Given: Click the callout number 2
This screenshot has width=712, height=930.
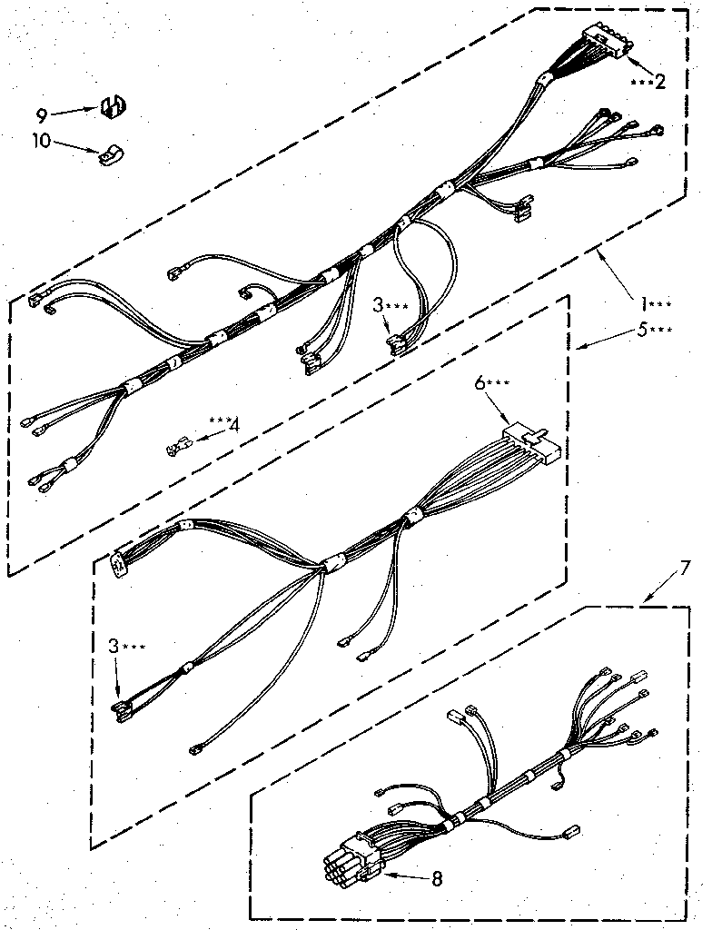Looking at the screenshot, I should (659, 82).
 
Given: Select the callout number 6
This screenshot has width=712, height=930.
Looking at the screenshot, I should (482, 383).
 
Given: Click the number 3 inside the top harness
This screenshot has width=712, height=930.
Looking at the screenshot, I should (378, 306).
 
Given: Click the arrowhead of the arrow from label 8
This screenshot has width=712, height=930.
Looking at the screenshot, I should (385, 876).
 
